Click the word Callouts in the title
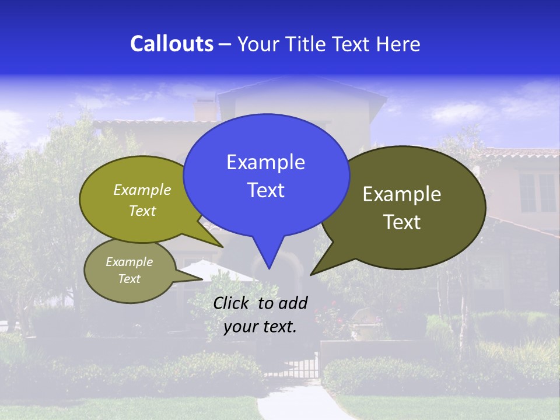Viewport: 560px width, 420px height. (172, 44)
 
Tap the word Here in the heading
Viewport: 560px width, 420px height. (398, 44)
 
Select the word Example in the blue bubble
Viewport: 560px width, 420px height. (265, 162)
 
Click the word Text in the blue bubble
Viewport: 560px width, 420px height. (265, 190)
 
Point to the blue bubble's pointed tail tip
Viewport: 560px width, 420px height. (269, 268)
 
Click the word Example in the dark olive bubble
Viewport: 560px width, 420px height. (402, 194)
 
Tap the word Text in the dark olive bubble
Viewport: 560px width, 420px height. (402, 222)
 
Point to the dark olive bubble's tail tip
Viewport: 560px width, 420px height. (311, 274)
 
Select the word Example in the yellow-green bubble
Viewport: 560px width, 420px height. (142, 190)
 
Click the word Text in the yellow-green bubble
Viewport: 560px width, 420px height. (142, 211)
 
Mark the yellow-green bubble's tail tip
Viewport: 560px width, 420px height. (222, 247)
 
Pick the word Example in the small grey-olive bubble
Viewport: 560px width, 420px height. (129, 262)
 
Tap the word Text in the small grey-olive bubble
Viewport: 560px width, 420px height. (129, 279)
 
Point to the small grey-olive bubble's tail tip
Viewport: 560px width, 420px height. (202, 279)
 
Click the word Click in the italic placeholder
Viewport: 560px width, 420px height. (232, 303)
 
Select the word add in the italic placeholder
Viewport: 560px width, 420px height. (293, 303)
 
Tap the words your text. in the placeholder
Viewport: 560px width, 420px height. (260, 327)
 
